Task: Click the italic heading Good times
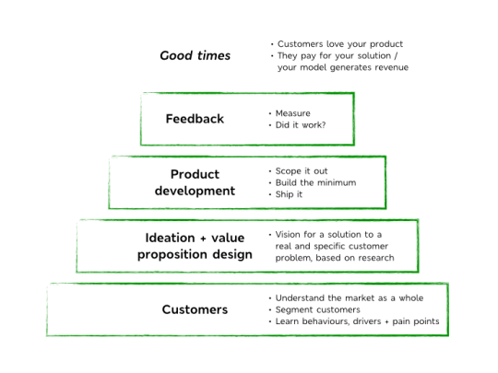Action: (195, 55)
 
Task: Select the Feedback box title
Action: (195, 119)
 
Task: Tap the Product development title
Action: (195, 182)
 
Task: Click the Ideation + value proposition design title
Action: (195, 246)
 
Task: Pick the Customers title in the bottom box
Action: (195, 309)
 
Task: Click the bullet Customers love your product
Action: (339, 44)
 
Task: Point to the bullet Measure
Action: (293, 113)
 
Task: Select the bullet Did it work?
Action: (301, 125)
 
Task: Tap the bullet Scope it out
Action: (302, 171)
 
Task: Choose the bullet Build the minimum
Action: (315, 182)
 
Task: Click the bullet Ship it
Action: (289, 194)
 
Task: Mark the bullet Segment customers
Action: (317, 309)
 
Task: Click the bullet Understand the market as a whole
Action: (350, 297)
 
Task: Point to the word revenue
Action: (392, 67)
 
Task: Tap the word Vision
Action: (288, 235)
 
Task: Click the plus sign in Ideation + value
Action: (203, 239)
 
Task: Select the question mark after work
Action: (324, 125)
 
